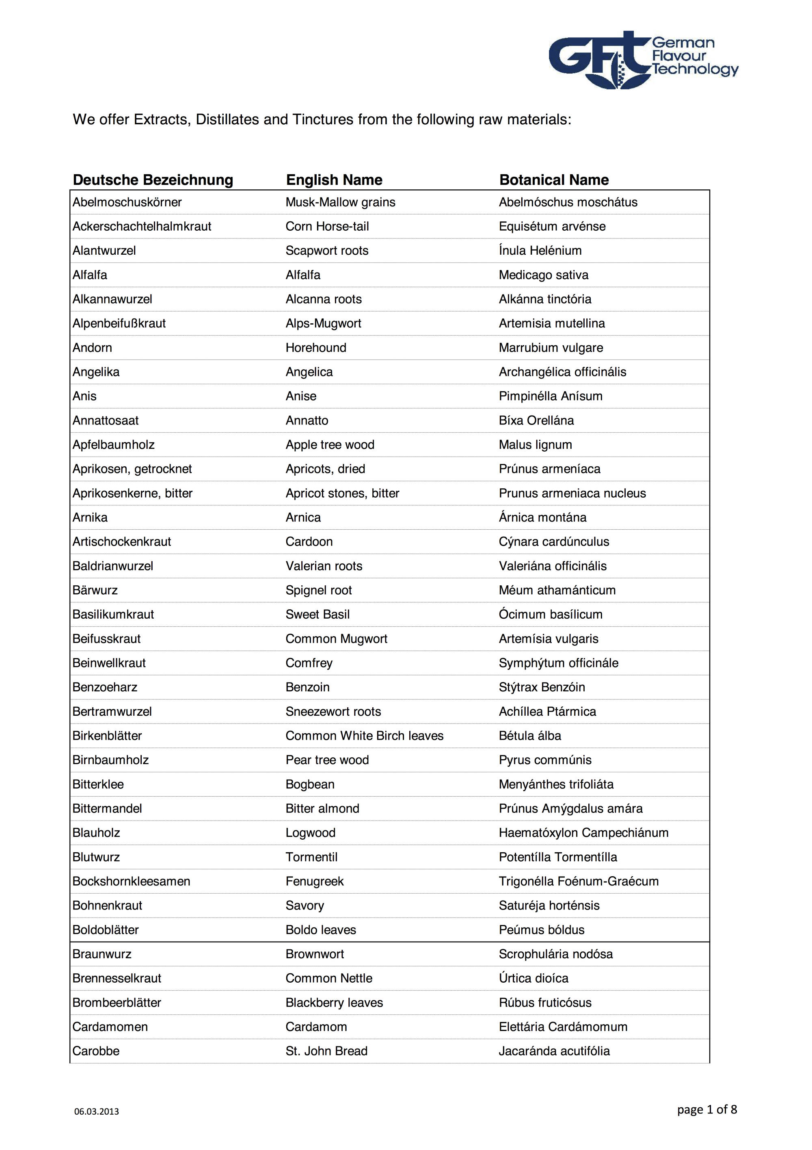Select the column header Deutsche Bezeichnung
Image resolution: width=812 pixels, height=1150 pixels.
click(153, 180)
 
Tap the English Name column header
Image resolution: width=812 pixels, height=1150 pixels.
click(334, 180)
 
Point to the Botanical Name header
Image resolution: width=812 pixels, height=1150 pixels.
click(554, 180)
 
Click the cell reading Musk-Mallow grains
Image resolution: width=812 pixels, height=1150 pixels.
click(340, 202)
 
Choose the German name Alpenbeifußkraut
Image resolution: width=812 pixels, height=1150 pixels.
click(119, 324)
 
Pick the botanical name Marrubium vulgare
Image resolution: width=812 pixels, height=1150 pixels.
click(551, 348)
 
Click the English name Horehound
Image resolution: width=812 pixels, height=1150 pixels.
click(315, 348)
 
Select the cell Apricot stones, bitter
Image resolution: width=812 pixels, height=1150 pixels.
click(342, 494)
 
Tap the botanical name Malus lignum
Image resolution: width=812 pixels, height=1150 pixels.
click(535, 445)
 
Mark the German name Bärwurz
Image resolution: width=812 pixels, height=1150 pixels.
click(95, 590)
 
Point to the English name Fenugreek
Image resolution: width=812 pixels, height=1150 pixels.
click(314, 881)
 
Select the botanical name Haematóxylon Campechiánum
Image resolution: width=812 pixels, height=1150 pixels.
click(583, 832)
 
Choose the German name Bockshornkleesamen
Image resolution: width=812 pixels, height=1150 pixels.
click(131, 881)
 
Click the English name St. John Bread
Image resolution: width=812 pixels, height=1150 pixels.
click(326, 1051)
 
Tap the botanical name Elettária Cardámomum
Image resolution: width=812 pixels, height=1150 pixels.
click(563, 1027)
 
